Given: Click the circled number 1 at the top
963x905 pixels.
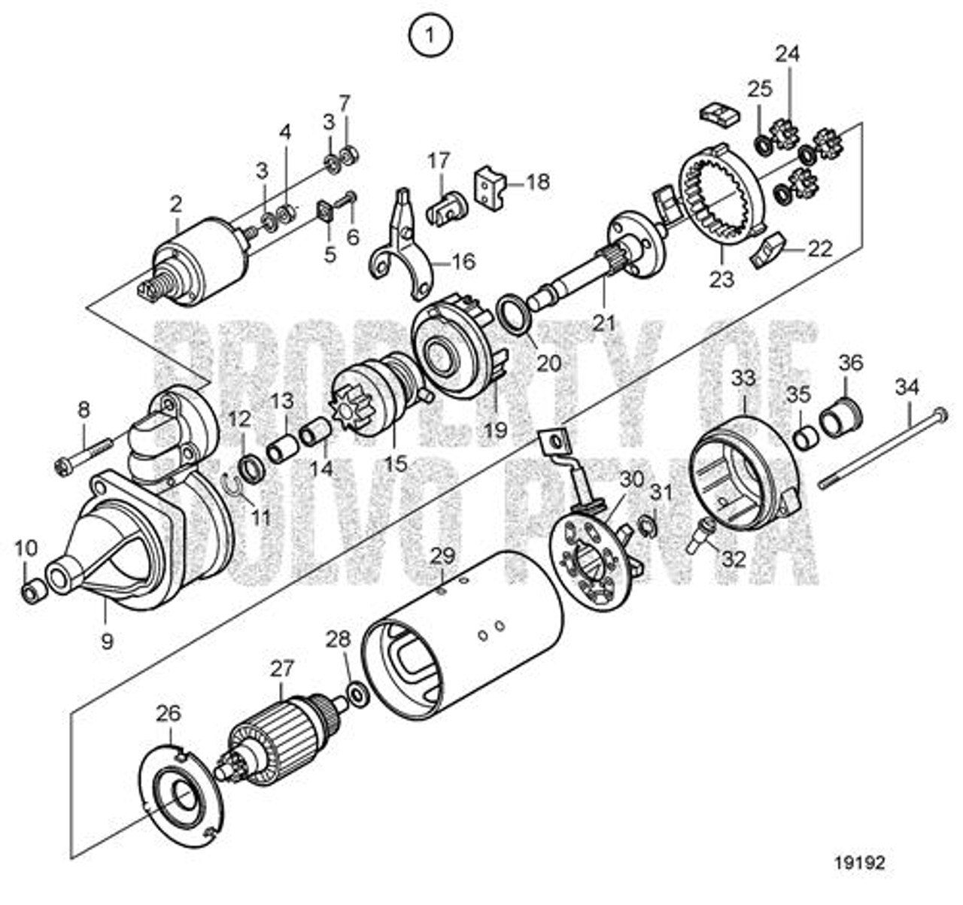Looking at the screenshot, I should pyautogui.click(x=430, y=34).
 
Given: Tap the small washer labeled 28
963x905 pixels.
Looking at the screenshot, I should pyautogui.click(x=357, y=694).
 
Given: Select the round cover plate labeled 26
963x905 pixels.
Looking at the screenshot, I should pyautogui.click(x=181, y=797).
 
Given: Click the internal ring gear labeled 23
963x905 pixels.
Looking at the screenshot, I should pyautogui.click(x=722, y=196).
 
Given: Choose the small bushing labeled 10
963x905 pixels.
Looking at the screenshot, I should pyautogui.click(x=32, y=592).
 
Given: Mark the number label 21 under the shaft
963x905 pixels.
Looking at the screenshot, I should pyautogui.click(x=603, y=322).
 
